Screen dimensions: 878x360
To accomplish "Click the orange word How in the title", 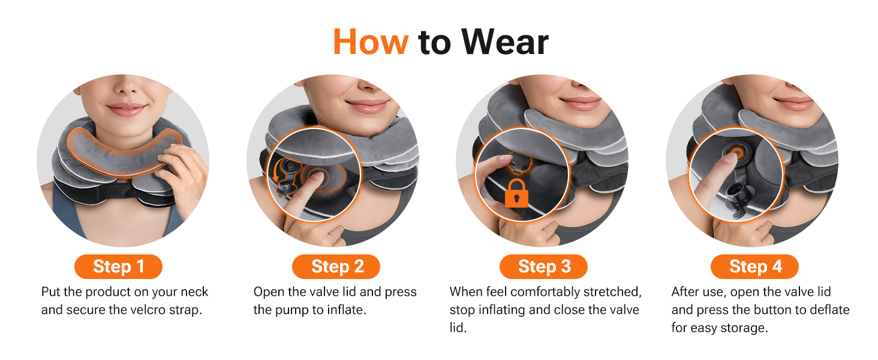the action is (x=371, y=42).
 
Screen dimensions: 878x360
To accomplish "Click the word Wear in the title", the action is (x=505, y=42).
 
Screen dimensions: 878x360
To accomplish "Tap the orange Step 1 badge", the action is (x=118, y=266).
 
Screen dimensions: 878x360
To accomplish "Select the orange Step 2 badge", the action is (x=336, y=266).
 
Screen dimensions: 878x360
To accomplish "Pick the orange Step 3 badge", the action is (x=544, y=266).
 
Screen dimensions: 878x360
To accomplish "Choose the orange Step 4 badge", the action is (x=754, y=266).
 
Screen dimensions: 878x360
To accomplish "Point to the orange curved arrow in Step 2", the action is (x=277, y=170).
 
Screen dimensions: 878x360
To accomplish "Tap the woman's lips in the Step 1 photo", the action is (x=126, y=109).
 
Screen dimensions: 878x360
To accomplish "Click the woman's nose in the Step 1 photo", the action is (x=127, y=87).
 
